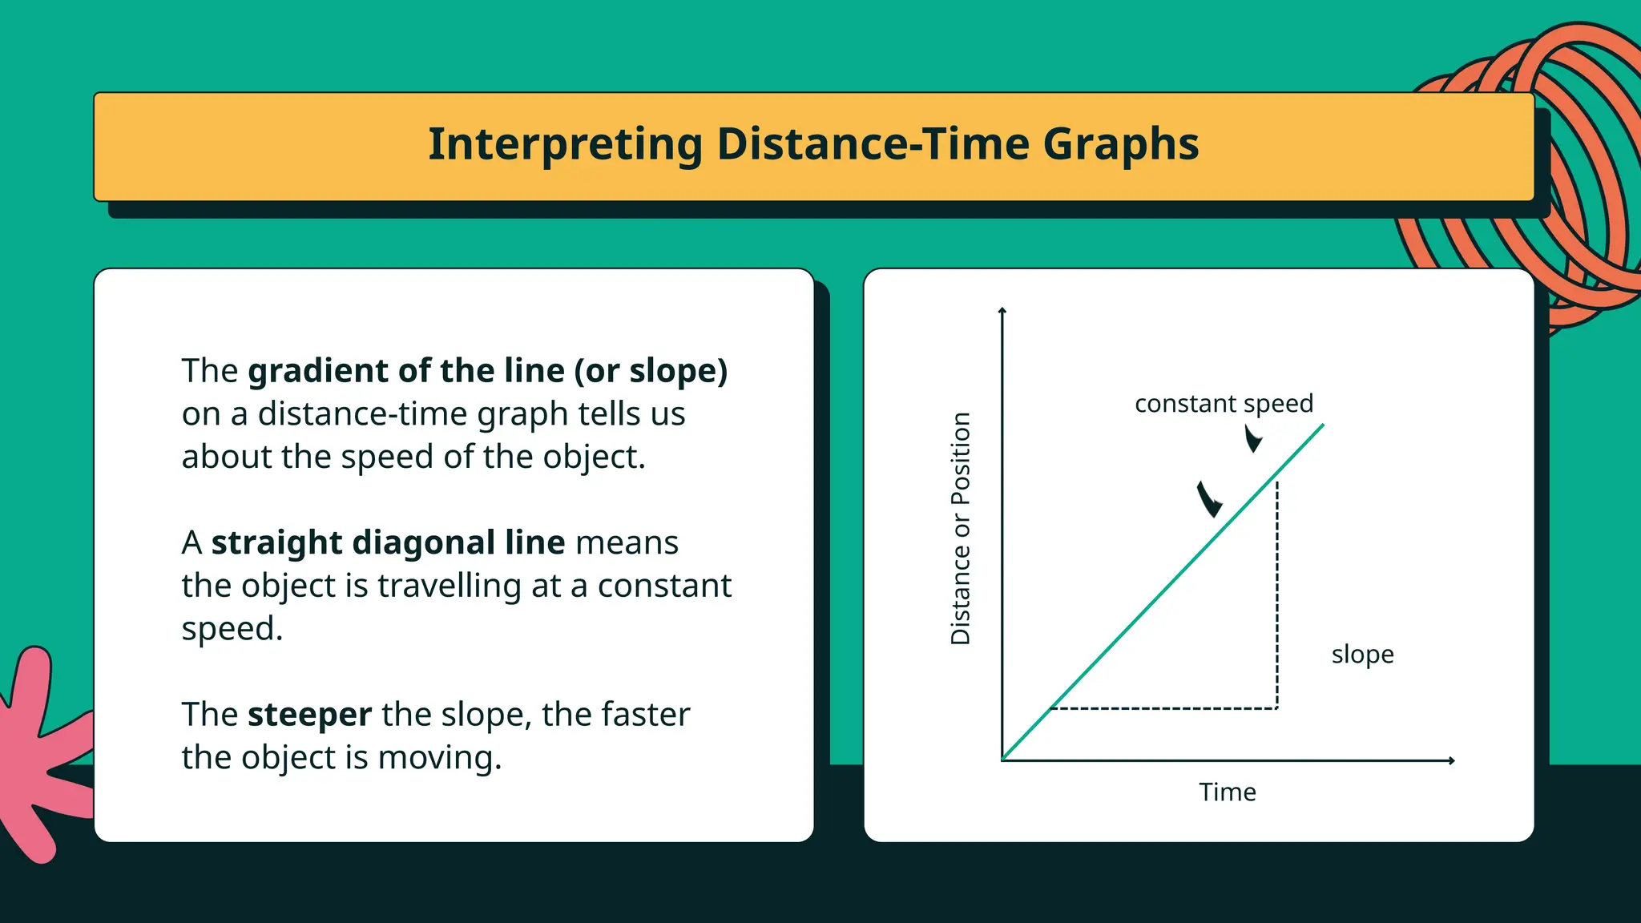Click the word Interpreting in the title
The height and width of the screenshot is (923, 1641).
pyautogui.click(x=564, y=145)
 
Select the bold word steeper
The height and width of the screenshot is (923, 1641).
pyautogui.click(x=309, y=714)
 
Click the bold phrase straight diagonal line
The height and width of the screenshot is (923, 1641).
pyautogui.click(x=388, y=542)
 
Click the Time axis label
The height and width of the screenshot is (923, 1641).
pyautogui.click(x=1227, y=792)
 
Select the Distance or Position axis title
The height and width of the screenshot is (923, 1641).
pyautogui.click(x=961, y=529)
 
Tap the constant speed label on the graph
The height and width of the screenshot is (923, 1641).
pyautogui.click(x=1224, y=403)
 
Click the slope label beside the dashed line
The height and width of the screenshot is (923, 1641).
pyautogui.click(x=1362, y=655)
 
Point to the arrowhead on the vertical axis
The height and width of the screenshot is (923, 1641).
pyautogui.click(x=1002, y=310)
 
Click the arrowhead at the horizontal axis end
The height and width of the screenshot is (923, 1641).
pyautogui.click(x=1451, y=760)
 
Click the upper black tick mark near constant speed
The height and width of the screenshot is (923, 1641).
pyautogui.click(x=1252, y=438)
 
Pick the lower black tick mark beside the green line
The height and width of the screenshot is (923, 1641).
pyautogui.click(x=1208, y=500)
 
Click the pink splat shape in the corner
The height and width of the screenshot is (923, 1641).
pyautogui.click(x=36, y=753)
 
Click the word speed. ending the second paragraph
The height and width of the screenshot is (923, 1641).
pyautogui.click(x=232, y=629)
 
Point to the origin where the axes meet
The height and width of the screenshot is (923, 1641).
pyautogui.click(x=1002, y=760)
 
